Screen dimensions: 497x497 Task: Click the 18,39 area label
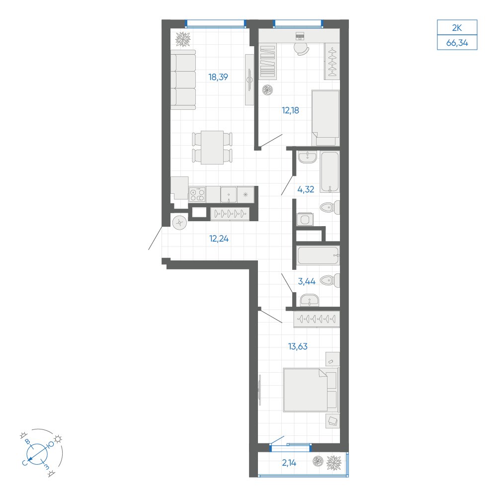[218, 77]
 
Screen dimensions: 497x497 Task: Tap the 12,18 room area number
[290, 111]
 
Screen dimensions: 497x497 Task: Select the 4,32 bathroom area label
[306, 189]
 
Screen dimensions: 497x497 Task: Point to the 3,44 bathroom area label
[307, 281]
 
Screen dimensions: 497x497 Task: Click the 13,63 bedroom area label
[298, 346]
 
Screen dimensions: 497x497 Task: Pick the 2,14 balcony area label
[289, 463]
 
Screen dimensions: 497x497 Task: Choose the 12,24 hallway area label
[219, 239]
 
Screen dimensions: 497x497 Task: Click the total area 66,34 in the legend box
[457, 42]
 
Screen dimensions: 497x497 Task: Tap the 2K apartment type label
[457, 28]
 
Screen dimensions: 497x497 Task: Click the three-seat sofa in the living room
[183, 80]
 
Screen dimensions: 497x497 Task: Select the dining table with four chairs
[212, 148]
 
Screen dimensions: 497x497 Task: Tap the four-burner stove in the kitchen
[197, 194]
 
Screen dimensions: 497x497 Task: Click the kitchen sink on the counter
[229, 194]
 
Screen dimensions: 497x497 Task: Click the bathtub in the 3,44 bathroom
[319, 255]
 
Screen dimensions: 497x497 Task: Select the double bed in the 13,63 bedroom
[311, 390]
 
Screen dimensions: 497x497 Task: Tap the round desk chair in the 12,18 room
[301, 49]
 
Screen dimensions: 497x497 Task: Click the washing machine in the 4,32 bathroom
[305, 219]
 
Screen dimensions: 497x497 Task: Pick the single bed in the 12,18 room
[326, 118]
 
